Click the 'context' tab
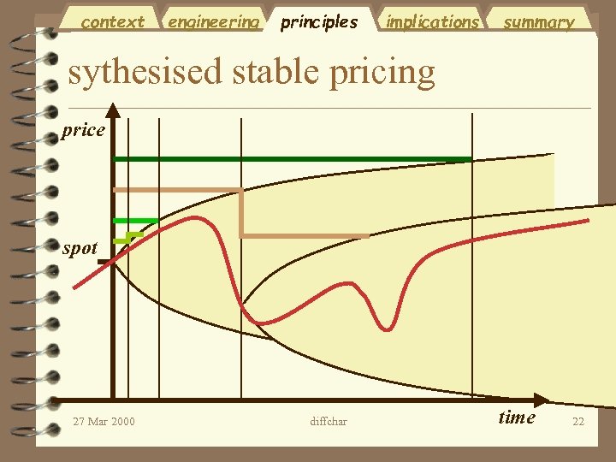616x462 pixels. click(112, 21)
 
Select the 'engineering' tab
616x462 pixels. click(213, 21)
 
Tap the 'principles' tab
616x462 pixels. click(319, 21)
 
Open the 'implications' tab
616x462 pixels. click(432, 21)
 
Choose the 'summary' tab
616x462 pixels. click(538, 21)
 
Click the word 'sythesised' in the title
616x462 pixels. click(144, 72)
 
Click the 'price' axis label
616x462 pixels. click(84, 131)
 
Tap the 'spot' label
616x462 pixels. click(80, 249)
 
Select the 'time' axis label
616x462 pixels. click(517, 418)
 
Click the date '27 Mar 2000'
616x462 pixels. click(104, 421)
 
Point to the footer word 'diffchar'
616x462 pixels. click(329, 421)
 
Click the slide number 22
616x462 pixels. click(578, 421)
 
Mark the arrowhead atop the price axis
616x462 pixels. click(113, 109)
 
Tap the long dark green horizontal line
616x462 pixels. click(291, 159)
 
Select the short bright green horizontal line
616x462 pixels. click(135, 221)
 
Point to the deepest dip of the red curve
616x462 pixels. click(390, 327)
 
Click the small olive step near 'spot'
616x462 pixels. click(132, 235)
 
